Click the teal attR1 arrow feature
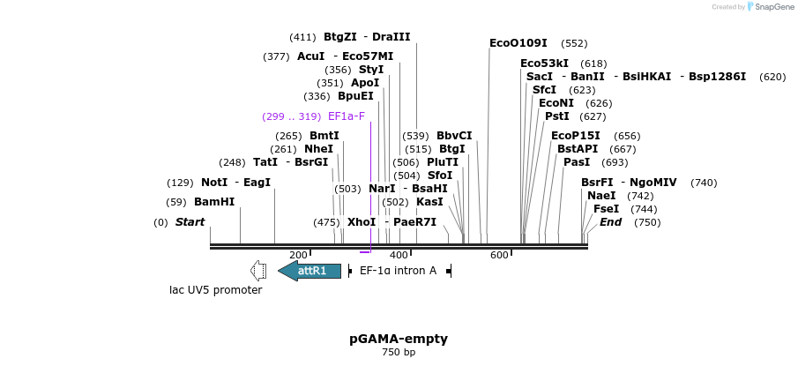click(310, 271)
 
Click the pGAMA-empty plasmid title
click(399, 339)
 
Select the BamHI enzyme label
click(214, 202)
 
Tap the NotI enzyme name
click(213, 183)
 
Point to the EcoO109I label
click(518, 43)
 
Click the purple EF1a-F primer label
click(346, 116)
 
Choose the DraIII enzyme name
click(391, 37)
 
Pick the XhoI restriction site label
click(361, 222)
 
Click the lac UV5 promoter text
click(216, 290)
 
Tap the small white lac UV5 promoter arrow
click(258, 270)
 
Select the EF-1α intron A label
click(398, 271)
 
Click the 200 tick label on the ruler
click(298, 256)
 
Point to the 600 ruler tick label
click(499, 256)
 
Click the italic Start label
click(190, 222)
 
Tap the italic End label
click(610, 222)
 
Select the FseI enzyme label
click(606, 209)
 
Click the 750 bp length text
click(399, 353)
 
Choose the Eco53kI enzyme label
click(544, 63)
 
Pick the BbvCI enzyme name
click(454, 136)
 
